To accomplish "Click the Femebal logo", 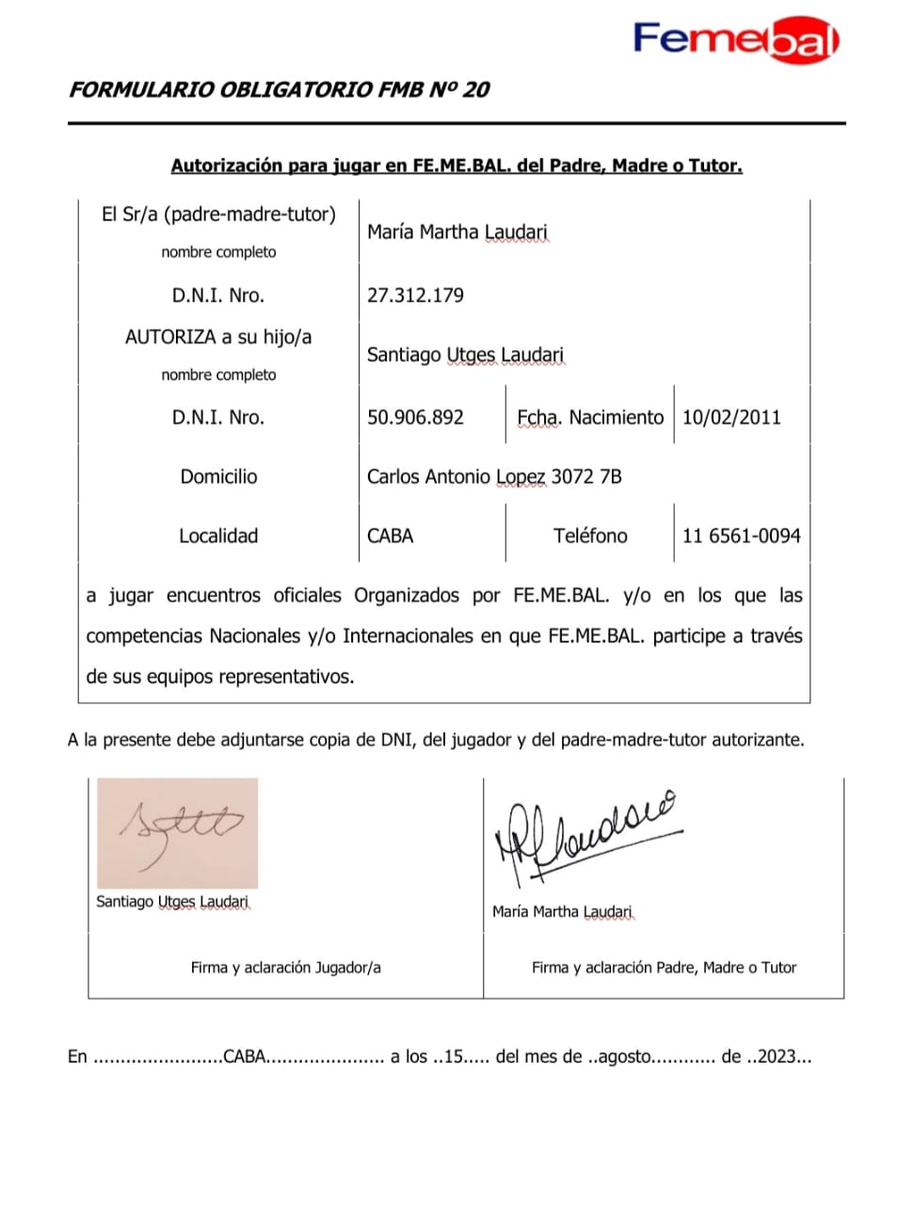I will point(735,40).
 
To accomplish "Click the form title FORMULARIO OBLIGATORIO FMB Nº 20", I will point(280,90).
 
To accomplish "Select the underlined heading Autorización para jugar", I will point(457,166).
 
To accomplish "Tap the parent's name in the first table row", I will point(457,232).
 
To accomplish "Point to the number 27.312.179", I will point(415,296).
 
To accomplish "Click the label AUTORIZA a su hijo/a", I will point(218,337).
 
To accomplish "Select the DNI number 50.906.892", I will point(415,418).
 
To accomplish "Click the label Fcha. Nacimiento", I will point(590,418).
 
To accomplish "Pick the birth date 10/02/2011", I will point(731,418).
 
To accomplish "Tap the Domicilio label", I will point(218,477).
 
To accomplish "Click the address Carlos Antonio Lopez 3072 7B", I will point(494,477).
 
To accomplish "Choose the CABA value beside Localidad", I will point(390,537).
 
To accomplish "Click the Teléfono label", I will point(590,537).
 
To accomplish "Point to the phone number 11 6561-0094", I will point(741,537).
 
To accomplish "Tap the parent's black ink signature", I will point(584,838).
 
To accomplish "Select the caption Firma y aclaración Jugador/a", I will point(285,968).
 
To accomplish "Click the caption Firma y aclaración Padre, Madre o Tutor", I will point(664,968).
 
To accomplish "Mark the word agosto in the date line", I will point(623,1057).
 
